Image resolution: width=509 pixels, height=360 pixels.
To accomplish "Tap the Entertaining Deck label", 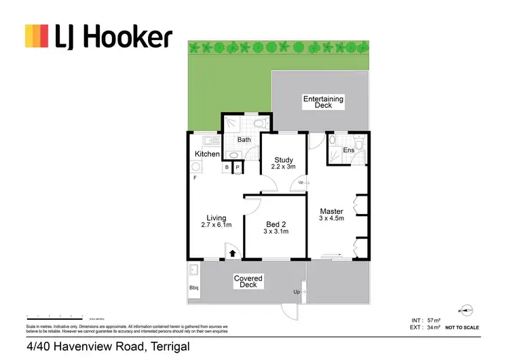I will [x=323, y=102].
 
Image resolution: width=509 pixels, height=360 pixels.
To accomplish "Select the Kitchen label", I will [x=207, y=154].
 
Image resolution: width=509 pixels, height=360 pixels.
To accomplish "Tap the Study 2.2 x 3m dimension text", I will [x=284, y=163].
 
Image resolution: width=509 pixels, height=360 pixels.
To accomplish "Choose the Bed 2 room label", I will [x=276, y=228].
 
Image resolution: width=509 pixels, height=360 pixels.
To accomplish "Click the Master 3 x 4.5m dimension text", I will [x=332, y=215].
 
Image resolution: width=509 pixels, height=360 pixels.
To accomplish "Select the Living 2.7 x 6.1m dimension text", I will [x=216, y=221].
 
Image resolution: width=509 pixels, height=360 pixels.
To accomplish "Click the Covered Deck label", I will [x=248, y=281].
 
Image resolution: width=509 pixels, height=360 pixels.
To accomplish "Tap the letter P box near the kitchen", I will [x=238, y=167].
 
